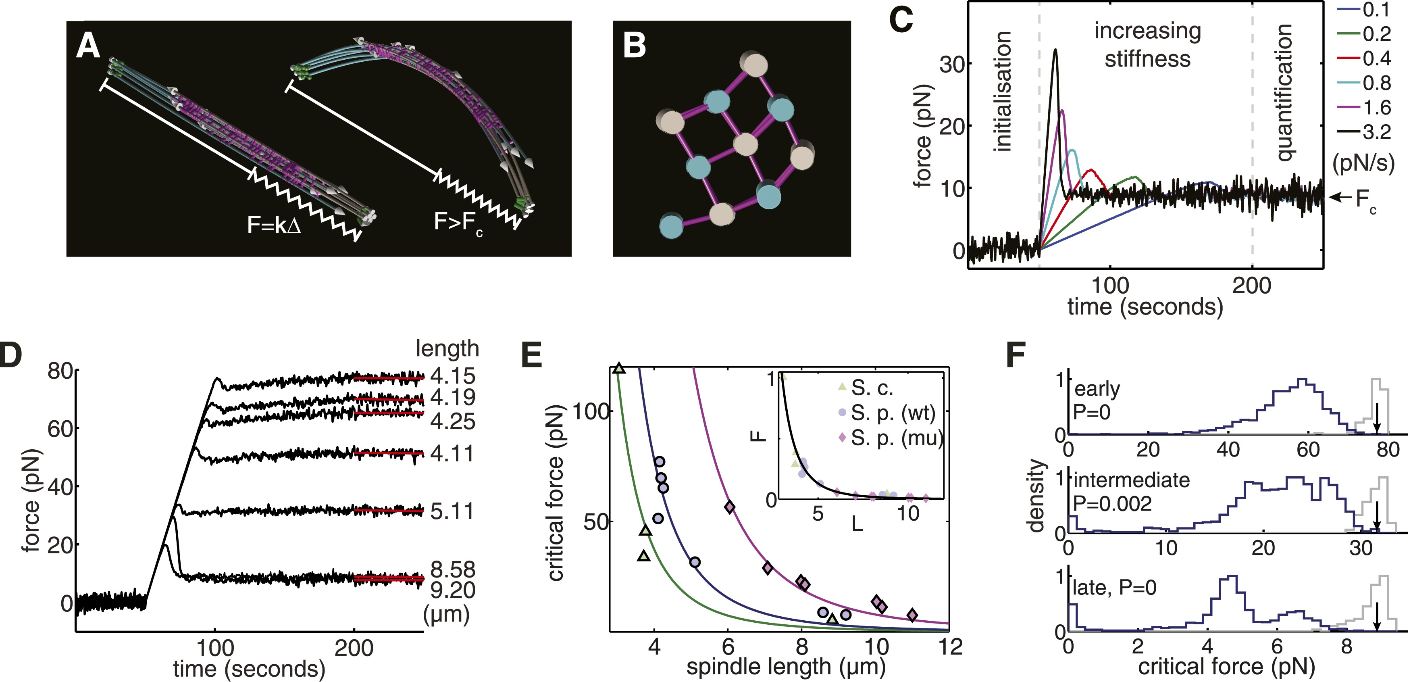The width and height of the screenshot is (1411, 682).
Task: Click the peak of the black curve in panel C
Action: (x=1055, y=50)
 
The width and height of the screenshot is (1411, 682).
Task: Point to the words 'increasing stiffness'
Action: (x=1147, y=45)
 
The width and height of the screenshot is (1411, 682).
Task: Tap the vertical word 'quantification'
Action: (x=1283, y=93)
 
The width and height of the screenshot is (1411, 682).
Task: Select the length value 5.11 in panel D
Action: (x=452, y=511)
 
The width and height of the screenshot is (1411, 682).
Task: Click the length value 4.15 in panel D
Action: (x=452, y=376)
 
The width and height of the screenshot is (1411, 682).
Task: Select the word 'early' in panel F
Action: (x=1097, y=389)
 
